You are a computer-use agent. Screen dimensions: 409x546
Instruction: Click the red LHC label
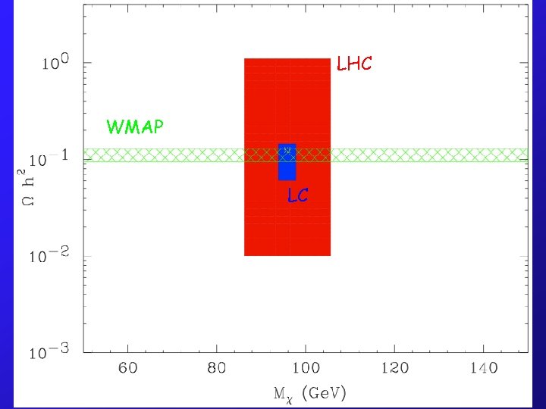(x=354, y=64)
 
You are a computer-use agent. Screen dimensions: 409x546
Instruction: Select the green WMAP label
(x=135, y=126)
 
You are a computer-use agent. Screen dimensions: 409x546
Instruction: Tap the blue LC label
(x=297, y=195)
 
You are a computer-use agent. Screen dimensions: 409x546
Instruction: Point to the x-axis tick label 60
(x=127, y=369)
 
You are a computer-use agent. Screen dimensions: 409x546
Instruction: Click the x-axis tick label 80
(x=216, y=369)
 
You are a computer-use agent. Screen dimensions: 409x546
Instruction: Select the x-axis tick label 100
(x=306, y=369)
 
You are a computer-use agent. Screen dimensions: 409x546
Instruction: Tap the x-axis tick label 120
(x=394, y=369)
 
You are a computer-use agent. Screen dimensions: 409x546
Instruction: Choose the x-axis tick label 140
(x=483, y=369)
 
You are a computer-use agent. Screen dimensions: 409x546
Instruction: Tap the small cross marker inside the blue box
(x=287, y=150)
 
